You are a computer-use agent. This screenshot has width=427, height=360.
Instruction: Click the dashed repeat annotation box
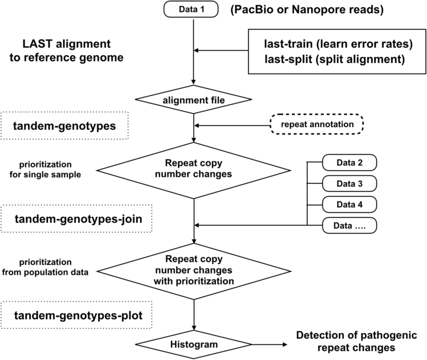click(317, 124)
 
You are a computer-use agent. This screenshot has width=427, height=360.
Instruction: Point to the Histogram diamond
click(194, 344)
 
